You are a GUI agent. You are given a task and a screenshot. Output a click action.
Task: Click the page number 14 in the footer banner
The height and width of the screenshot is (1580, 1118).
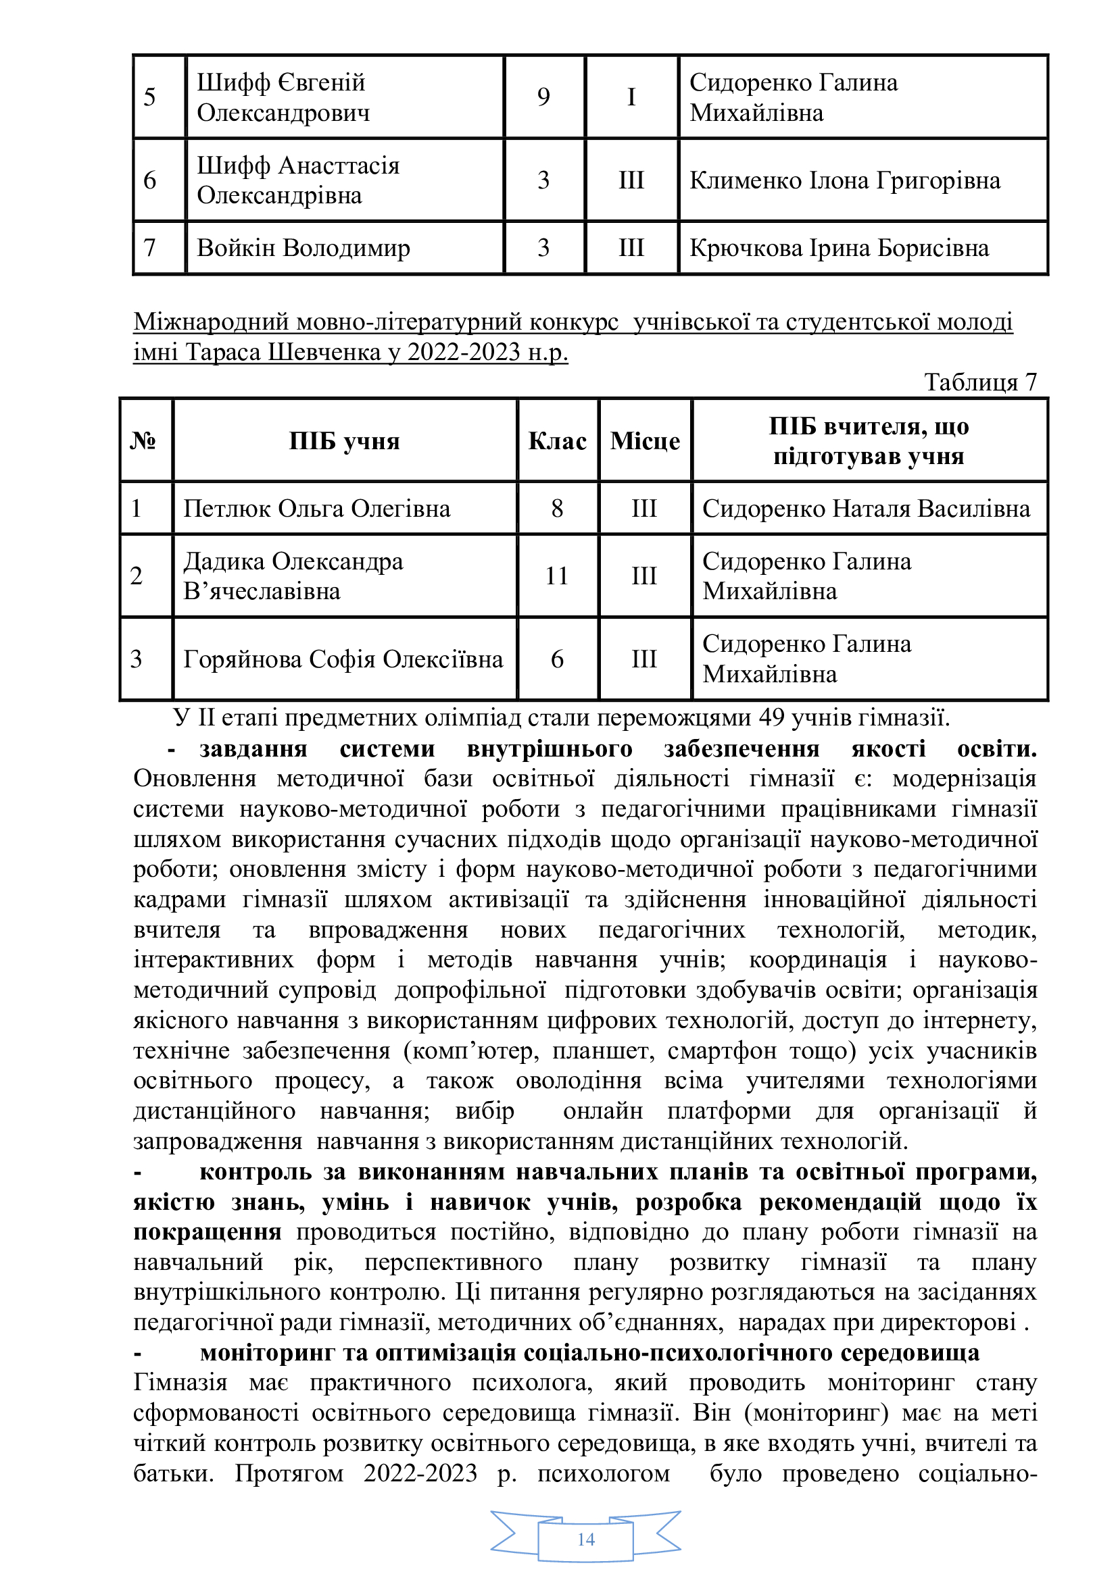point(586,1539)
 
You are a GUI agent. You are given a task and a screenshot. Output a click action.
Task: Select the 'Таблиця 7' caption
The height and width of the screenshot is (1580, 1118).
point(979,382)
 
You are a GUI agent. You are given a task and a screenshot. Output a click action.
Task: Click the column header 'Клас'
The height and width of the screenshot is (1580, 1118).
point(557,440)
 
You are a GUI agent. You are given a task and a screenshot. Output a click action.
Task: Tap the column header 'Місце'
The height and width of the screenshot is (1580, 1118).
point(644,440)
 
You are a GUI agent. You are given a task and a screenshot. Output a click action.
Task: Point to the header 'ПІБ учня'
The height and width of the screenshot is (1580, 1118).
point(344,440)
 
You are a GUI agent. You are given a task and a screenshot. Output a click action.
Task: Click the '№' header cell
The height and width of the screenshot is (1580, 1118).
point(143,440)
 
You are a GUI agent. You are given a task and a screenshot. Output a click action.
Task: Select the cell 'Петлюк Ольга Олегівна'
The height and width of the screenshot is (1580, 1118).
point(316,509)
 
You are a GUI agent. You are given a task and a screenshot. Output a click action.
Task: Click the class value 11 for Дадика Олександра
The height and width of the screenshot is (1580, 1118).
point(557,576)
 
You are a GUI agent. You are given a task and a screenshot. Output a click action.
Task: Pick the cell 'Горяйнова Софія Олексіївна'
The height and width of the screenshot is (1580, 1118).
point(343,659)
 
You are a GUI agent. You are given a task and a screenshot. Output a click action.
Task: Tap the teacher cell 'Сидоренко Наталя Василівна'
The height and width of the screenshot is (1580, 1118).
point(866,509)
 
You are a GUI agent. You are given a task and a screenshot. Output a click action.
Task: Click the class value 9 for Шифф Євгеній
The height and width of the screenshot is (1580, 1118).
point(544,97)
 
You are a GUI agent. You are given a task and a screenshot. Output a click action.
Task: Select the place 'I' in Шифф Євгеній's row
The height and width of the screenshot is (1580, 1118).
point(631,97)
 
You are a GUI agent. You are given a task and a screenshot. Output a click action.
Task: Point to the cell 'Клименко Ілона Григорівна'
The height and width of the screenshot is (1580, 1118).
point(845,180)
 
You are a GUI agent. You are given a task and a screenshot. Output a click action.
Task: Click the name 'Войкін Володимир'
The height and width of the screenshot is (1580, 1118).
point(303,248)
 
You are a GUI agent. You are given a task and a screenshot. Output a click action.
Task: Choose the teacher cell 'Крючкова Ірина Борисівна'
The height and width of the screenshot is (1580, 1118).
point(840,248)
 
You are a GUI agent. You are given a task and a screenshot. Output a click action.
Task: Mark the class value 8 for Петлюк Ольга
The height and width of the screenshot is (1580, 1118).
point(557,509)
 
